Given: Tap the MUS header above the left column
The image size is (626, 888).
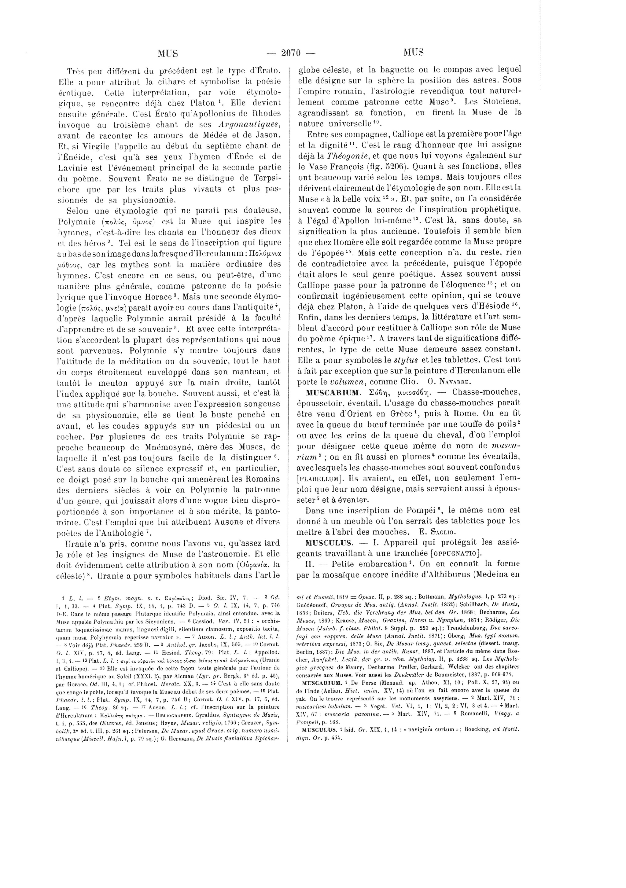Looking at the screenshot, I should click(x=168, y=53).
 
